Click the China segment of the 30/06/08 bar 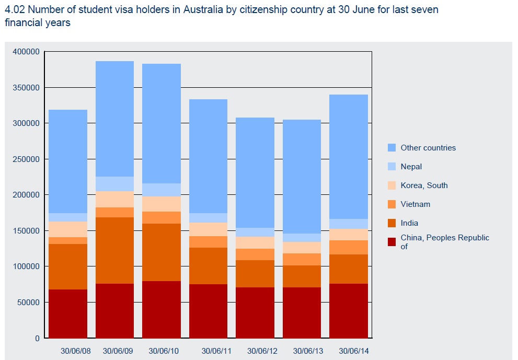click(x=68, y=313)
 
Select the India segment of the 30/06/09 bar click(x=114, y=250)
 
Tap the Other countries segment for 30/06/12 click(x=255, y=172)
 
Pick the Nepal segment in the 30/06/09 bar click(x=114, y=184)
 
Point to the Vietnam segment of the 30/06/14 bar click(x=349, y=247)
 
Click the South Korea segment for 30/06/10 click(x=162, y=204)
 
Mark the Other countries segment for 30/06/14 click(x=349, y=157)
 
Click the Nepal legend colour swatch click(x=392, y=167)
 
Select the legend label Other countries click(x=428, y=148)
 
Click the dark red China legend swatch click(x=392, y=241)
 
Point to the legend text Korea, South click(x=424, y=185)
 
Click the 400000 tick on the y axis click(x=26, y=52)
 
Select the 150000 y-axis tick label click(x=26, y=230)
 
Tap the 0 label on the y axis click(x=37, y=338)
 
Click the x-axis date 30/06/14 click(x=353, y=351)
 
